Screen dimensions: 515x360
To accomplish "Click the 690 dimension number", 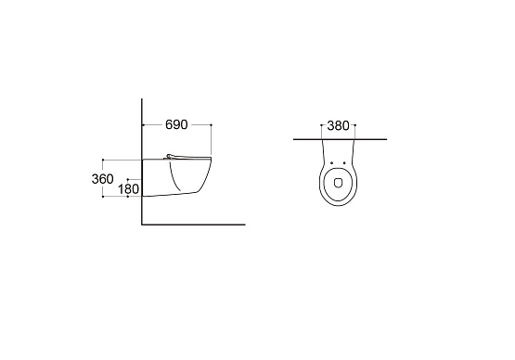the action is click(x=176, y=124).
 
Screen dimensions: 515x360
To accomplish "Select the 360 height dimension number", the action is click(x=102, y=179).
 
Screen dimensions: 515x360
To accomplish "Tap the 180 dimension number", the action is click(x=128, y=189).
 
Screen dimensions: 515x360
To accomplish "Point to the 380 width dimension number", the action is click(x=338, y=125).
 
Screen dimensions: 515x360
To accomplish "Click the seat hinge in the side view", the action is click(x=170, y=157).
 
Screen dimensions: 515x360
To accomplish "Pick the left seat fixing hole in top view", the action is click(x=331, y=163).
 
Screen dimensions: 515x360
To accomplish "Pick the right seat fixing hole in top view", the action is click(x=344, y=163).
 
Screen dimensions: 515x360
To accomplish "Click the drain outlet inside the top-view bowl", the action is click(x=338, y=183).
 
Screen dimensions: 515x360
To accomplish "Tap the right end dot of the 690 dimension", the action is click(x=211, y=125).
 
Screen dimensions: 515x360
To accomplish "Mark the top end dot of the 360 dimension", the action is click(x=103, y=160).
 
